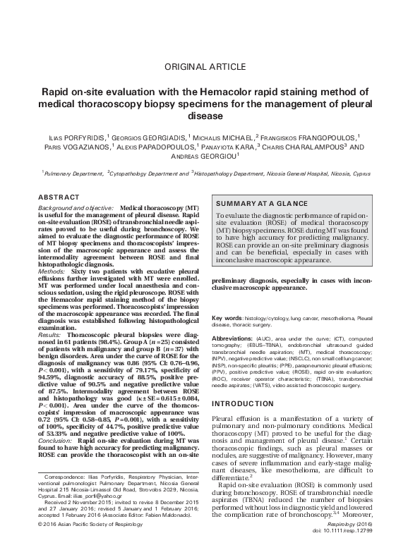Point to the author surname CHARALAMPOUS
[x=306, y=147]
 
